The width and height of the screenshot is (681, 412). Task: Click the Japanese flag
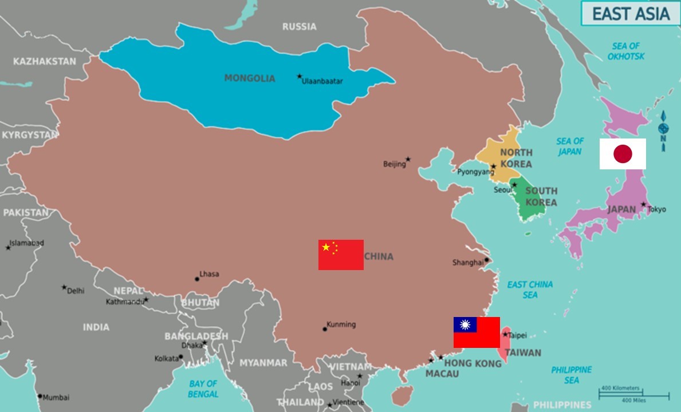point(623,154)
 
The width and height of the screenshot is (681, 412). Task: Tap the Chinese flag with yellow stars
point(341,255)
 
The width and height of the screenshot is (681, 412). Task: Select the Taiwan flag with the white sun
point(477,332)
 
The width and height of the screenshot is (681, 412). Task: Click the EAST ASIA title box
point(631,14)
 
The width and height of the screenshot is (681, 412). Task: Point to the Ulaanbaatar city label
point(322,81)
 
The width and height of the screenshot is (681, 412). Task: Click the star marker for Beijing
point(408,159)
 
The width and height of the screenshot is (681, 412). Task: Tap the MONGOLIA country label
point(250,78)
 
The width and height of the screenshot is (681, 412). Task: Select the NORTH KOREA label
point(516,158)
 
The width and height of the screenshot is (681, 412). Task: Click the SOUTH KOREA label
point(541,196)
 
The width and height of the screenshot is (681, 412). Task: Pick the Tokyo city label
point(656,209)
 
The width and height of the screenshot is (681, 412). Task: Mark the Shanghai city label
point(468,263)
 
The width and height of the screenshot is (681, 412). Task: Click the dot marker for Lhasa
point(197,279)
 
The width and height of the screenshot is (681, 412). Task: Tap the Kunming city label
point(341,324)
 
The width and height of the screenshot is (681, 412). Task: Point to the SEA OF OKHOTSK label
point(626,51)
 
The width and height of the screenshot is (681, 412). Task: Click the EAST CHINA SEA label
point(530,290)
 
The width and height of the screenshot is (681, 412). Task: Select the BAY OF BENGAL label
point(203,389)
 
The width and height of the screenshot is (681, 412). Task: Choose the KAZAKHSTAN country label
point(45,61)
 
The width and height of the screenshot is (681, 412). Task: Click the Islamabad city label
point(26,243)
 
